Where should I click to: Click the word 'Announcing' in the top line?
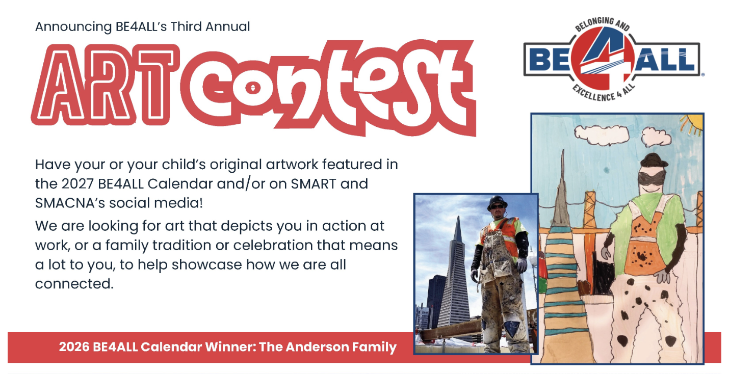pyautogui.click(x=73, y=27)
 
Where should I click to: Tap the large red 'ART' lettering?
pyautogui.click(x=105, y=85)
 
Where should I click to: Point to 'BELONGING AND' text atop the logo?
pyautogui.click(x=603, y=24)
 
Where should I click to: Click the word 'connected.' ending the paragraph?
pyautogui.click(x=74, y=284)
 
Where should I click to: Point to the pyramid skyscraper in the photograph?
pyautogui.click(x=456, y=274)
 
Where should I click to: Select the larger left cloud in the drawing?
pyautogui.click(x=601, y=135)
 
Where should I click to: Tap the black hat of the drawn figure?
pyautogui.click(x=654, y=161)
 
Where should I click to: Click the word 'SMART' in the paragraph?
pyautogui.click(x=313, y=184)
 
